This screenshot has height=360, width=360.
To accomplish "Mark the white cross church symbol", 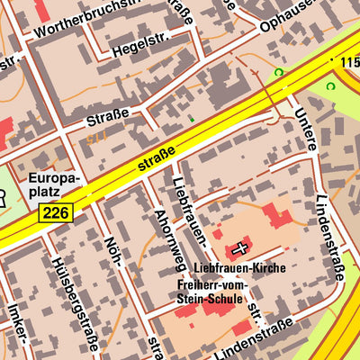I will click(x=239, y=247).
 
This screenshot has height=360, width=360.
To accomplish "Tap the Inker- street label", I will click(x=15, y=325).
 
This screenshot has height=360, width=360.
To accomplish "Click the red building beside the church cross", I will click(x=277, y=217).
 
